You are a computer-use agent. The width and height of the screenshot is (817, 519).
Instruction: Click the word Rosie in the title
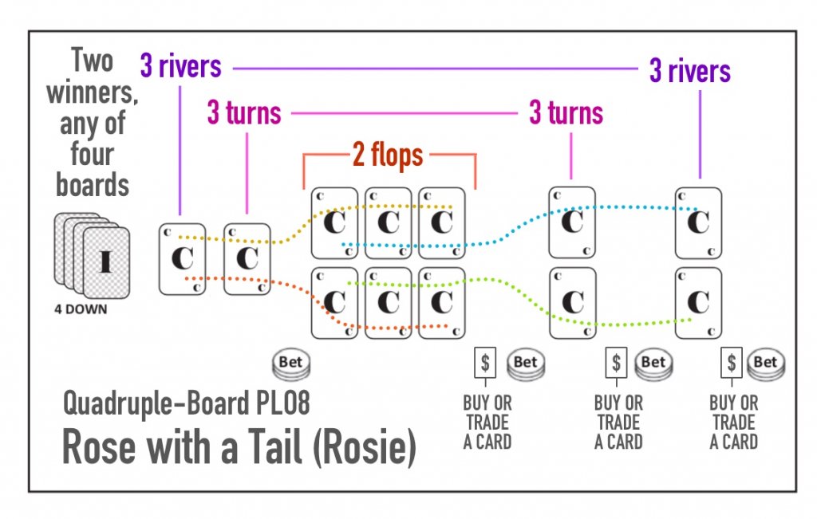[x=370, y=449]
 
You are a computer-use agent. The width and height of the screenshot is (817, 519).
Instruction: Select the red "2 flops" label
[x=388, y=155]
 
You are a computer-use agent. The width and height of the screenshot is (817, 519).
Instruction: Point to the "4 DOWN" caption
[x=80, y=309]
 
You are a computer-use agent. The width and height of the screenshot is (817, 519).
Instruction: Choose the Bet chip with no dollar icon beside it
[x=290, y=364]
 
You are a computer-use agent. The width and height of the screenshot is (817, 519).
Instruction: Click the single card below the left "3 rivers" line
[x=183, y=259]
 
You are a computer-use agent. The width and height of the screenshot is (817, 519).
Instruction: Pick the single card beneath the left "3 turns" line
[x=247, y=259]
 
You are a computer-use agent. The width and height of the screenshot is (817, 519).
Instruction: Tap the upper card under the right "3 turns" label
[x=572, y=222]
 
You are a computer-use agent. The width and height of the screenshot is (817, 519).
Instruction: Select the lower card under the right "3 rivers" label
[x=698, y=303]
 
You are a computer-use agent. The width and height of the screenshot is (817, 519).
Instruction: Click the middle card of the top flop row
[x=388, y=223]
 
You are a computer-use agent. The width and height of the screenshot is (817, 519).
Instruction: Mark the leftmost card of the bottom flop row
[x=334, y=303]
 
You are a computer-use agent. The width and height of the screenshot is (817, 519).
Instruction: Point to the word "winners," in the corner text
[x=92, y=93]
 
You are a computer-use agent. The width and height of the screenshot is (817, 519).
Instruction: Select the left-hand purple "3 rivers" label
[x=180, y=66]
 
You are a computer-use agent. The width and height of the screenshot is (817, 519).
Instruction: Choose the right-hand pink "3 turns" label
[x=566, y=114]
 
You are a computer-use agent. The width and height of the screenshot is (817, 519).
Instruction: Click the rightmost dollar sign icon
[x=732, y=364]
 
